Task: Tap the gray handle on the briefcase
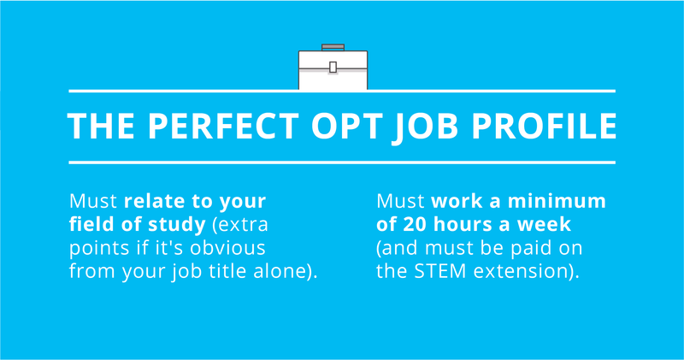point(333,47)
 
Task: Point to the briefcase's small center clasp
point(333,68)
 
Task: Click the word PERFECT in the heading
point(223,126)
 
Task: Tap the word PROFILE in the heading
point(544,126)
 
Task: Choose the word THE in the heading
point(101,126)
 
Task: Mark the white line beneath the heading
point(342,162)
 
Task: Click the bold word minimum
point(557,201)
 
